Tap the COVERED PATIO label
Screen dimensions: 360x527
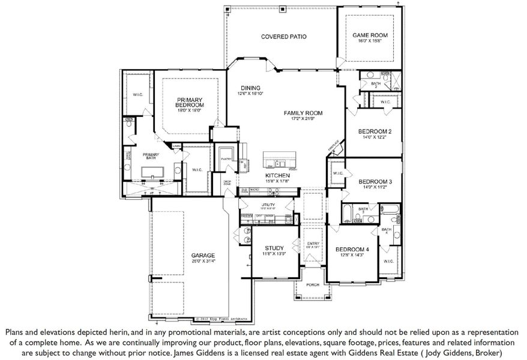[x=284, y=37]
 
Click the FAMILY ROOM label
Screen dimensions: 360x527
[x=304, y=113]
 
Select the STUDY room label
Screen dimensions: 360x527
[x=274, y=248]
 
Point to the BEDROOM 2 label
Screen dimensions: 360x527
[x=375, y=131]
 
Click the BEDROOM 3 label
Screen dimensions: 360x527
[x=375, y=181]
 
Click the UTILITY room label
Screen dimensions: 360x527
[x=268, y=205]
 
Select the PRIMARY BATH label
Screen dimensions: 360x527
[x=150, y=155]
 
